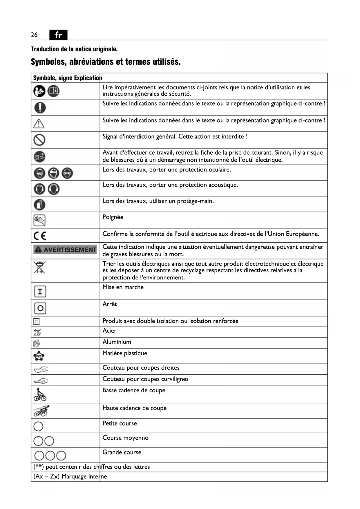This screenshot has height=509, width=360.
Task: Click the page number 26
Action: point(34,35)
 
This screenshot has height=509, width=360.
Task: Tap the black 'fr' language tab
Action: point(58,35)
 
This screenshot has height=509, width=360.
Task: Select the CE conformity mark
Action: point(40,236)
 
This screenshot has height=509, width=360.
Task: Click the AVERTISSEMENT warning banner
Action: point(65,250)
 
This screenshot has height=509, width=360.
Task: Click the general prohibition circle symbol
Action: point(39,140)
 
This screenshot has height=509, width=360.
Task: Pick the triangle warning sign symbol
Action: point(39,124)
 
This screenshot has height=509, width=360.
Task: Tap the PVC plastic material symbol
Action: point(39,356)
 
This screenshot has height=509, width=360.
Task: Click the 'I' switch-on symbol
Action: point(40,291)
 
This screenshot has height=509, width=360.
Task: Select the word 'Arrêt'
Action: point(110,304)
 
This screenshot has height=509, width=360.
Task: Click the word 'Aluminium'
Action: point(117,342)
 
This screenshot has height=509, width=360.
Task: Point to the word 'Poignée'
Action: point(113,217)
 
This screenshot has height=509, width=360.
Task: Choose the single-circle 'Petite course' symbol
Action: point(38,426)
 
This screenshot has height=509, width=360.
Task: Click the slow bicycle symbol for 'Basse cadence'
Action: point(40,395)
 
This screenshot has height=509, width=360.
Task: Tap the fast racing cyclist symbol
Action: point(41,411)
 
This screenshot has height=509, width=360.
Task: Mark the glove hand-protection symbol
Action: point(40,205)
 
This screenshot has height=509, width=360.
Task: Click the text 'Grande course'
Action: point(122,452)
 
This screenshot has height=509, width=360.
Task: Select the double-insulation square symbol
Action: point(37,322)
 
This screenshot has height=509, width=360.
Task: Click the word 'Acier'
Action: point(109,331)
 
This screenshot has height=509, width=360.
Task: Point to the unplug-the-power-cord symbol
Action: point(39,157)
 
